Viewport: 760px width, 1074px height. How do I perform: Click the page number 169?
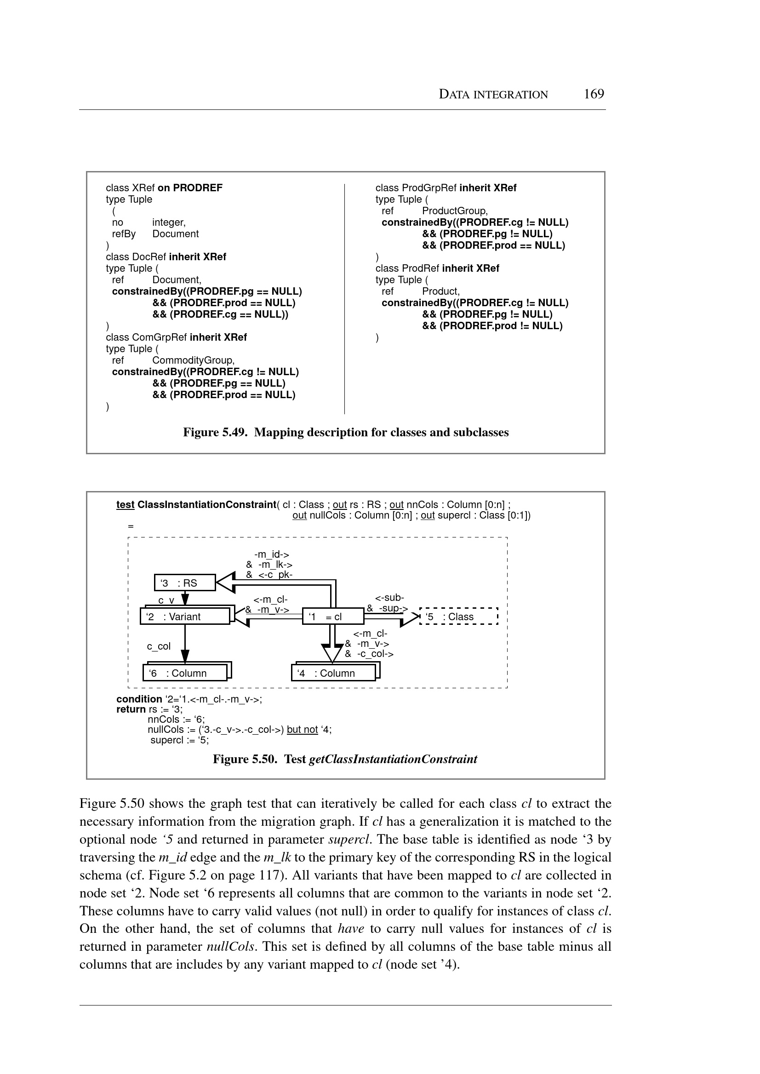point(594,94)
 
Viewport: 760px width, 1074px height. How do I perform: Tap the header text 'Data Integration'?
point(493,95)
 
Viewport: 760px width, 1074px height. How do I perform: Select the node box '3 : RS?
point(185,583)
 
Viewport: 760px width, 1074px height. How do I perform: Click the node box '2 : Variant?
point(185,617)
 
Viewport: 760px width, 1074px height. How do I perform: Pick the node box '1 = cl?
point(333,617)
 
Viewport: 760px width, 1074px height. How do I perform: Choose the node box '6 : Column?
point(185,673)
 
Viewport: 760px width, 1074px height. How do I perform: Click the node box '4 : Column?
point(333,673)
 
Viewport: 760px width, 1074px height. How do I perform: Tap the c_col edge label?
point(159,646)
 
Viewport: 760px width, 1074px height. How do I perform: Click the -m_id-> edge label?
point(271,554)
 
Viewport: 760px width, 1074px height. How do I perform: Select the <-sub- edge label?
point(389,598)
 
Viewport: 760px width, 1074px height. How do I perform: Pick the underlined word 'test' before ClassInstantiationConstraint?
point(125,504)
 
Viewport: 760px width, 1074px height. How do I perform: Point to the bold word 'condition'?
point(139,699)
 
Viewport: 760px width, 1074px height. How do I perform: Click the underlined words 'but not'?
point(302,729)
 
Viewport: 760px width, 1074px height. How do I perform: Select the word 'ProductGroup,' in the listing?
point(454,211)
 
